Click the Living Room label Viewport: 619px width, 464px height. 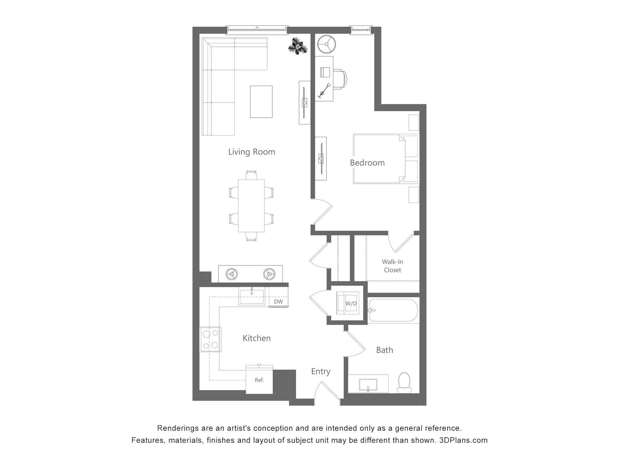pos(251,152)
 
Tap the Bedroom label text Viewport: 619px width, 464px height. pos(367,163)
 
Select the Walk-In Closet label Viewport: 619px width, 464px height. pos(392,266)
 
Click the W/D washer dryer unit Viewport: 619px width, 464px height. pos(348,303)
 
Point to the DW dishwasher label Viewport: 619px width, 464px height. pos(278,302)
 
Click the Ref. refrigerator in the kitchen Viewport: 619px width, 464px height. pos(259,380)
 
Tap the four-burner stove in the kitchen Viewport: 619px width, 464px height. pos(210,339)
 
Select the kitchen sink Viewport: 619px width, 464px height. pos(251,296)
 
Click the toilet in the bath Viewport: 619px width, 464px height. pos(404,382)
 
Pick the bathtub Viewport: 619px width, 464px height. pos(393,310)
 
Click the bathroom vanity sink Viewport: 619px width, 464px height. pos(368,384)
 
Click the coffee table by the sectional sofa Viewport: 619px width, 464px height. pos(261,101)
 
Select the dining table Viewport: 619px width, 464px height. pos(251,206)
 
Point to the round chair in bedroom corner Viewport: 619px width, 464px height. pos(327,44)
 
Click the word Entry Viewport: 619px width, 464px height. pos(320,372)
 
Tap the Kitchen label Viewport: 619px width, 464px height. pos(256,338)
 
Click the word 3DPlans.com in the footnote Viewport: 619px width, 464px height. pos(463,440)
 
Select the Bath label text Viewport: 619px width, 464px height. pos(384,350)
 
